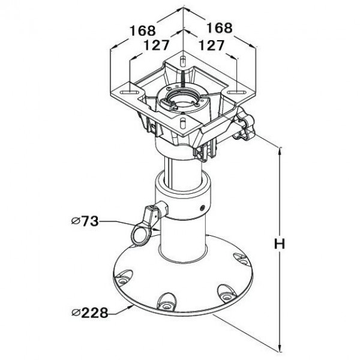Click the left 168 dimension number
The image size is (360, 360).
(x=143, y=31)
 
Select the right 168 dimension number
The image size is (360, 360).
(x=220, y=28)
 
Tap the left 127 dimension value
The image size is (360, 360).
(x=157, y=45)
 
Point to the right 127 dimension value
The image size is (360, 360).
(x=211, y=45)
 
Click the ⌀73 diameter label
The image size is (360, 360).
(x=85, y=221)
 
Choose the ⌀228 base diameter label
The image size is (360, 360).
(x=90, y=313)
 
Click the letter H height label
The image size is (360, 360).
(x=280, y=244)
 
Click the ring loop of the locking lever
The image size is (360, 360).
(x=140, y=235)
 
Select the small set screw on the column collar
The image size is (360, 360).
(x=202, y=208)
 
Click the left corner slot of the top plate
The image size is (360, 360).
(x=130, y=92)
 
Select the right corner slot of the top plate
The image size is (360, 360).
(x=236, y=92)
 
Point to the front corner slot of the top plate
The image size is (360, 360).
(x=183, y=122)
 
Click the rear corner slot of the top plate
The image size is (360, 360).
(x=183, y=61)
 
